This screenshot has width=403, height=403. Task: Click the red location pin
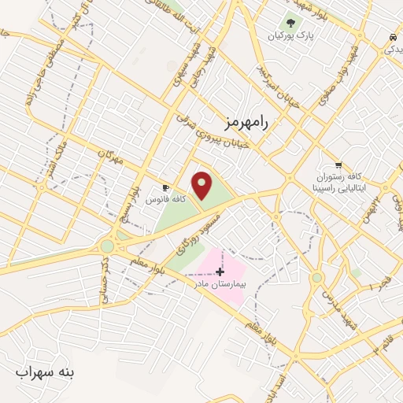[203, 185]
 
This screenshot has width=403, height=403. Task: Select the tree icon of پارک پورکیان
[292, 24]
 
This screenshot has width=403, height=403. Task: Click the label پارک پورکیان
[287, 37]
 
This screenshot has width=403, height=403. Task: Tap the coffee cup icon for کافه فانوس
[165, 187]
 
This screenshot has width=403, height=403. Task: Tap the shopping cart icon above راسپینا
[338, 165]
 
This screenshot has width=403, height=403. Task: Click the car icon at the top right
[391, 37]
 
